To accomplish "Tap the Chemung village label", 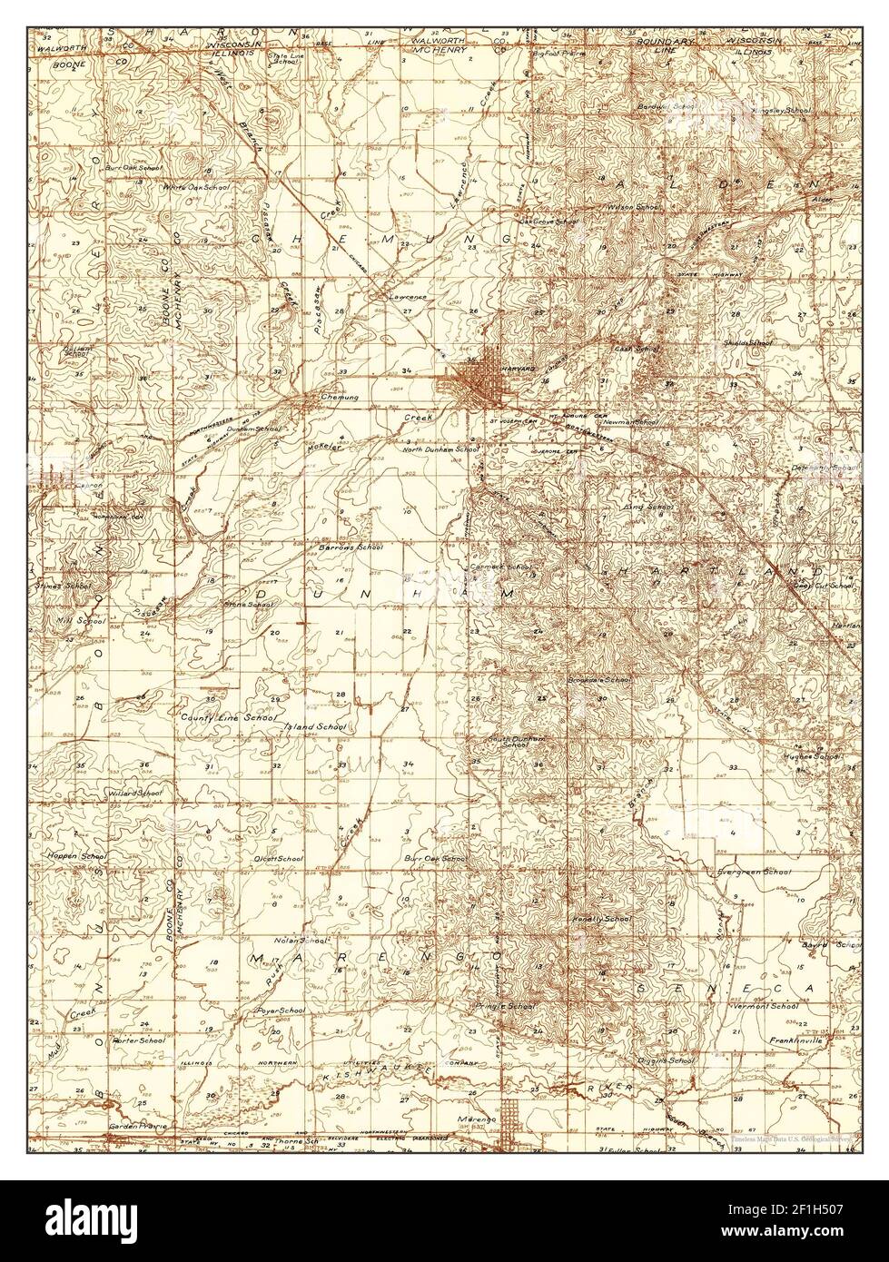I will click(x=341, y=397).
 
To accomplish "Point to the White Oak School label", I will click(x=196, y=187).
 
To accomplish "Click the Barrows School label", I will click(x=351, y=547).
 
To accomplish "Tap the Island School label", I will click(x=314, y=727).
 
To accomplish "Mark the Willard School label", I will click(x=135, y=793).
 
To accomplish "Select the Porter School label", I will click(x=138, y=1040).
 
